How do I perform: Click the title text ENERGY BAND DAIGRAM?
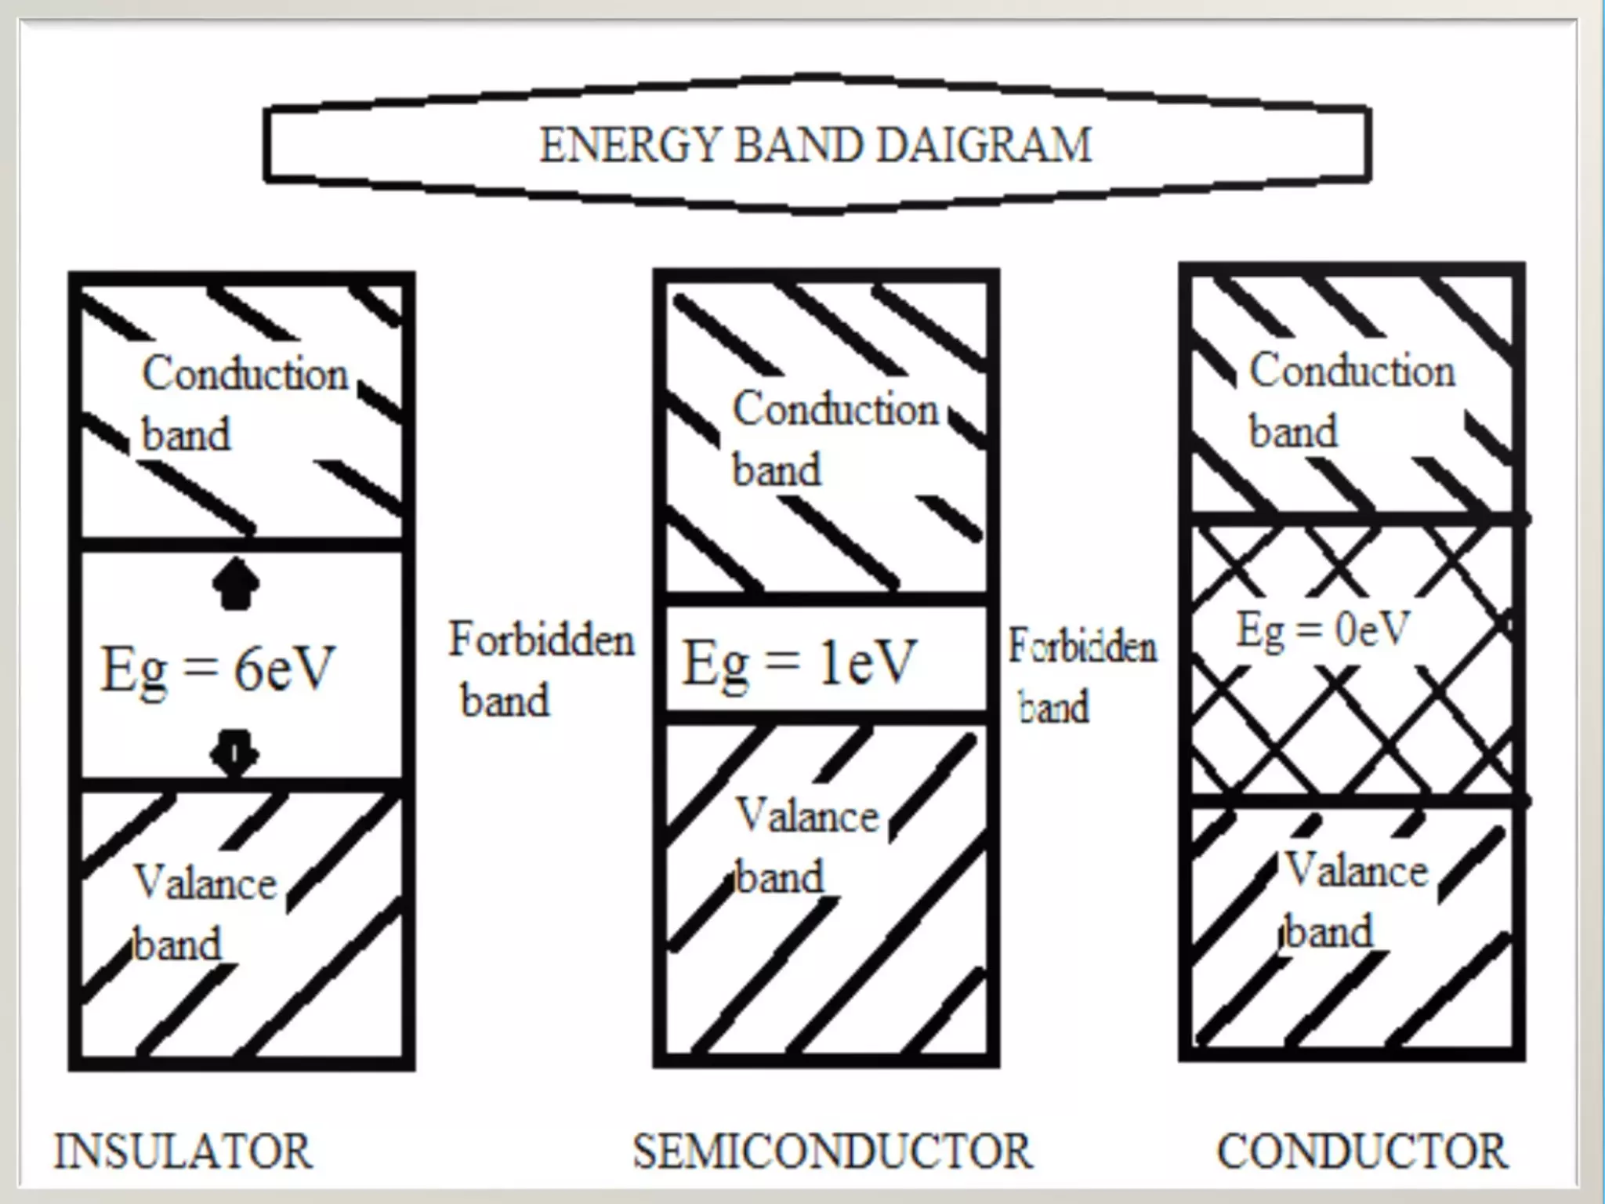pyautogui.click(x=815, y=146)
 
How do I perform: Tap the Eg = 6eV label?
pyautogui.click(x=218, y=669)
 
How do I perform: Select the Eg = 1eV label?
pyautogui.click(x=799, y=662)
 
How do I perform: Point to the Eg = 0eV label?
pyautogui.click(x=1323, y=629)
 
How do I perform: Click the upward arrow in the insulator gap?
pyautogui.click(x=235, y=584)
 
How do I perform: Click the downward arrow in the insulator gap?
pyautogui.click(x=234, y=752)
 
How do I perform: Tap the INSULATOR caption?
pyautogui.click(x=183, y=1151)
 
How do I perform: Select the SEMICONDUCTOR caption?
pyautogui.click(x=832, y=1151)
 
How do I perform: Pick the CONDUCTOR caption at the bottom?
pyautogui.click(x=1361, y=1151)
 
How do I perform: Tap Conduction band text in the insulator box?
pyautogui.click(x=244, y=403)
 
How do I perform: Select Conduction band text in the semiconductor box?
pyautogui.click(x=835, y=438)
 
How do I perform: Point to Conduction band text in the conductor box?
pyautogui.click(x=1351, y=401)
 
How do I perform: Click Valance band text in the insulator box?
pyautogui.click(x=205, y=913)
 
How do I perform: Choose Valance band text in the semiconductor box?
pyautogui.click(x=806, y=846)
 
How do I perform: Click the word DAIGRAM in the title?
pyautogui.click(x=983, y=146)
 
